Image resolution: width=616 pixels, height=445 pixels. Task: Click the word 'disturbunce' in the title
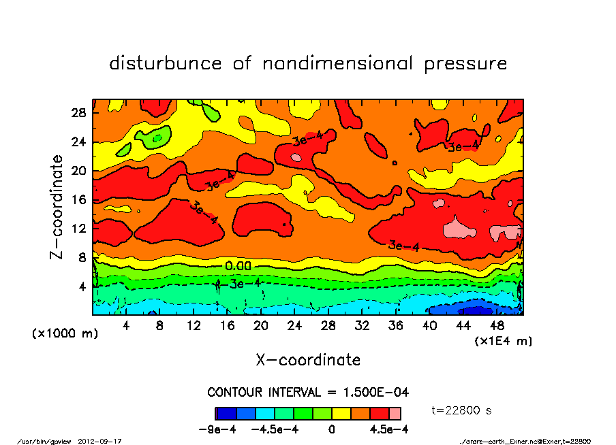pos(166,64)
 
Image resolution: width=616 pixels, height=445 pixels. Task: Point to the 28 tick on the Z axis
pos(78,112)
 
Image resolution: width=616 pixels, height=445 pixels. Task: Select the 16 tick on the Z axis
pos(78,199)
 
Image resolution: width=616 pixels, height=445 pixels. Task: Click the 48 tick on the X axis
pos(496,326)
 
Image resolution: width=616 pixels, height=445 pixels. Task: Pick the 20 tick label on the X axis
pos(260,326)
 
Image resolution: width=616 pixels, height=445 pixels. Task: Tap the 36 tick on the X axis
pos(395,326)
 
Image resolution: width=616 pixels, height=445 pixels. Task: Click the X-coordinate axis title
pos(308,359)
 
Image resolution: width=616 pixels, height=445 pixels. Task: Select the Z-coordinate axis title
pos(57,206)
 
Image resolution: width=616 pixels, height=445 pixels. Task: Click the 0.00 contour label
pos(238,266)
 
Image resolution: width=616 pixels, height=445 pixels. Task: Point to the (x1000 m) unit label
pos(62,334)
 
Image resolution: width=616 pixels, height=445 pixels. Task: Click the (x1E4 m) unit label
pos(504,340)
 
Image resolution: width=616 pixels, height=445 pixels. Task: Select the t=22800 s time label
pos(462,410)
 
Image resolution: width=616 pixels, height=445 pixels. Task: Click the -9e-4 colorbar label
pos(216,429)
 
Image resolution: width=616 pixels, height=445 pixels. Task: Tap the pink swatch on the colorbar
pos(395,413)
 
